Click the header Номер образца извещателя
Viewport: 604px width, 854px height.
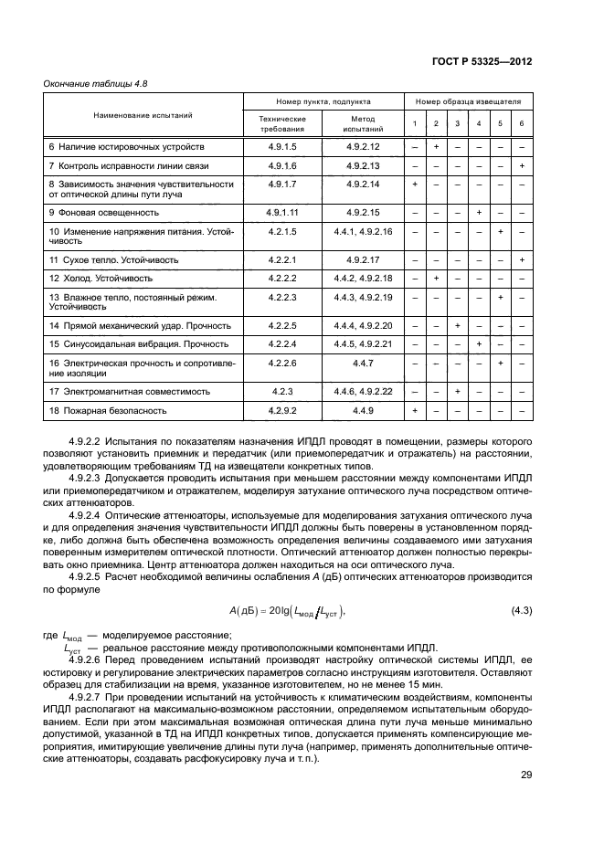coord(468,102)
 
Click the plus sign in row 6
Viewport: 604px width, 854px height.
coord(436,147)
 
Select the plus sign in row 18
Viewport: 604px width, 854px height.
coord(415,411)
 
